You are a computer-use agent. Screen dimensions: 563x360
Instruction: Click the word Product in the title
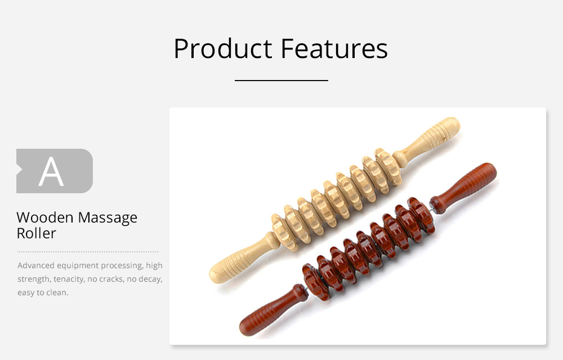point(223,48)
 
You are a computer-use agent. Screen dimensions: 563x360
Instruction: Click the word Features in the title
point(334,48)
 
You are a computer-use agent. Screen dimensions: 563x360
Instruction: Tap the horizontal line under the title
point(281,81)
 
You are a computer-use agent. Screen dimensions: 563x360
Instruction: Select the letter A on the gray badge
point(51,172)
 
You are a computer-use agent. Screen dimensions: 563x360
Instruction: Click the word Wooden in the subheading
point(45,217)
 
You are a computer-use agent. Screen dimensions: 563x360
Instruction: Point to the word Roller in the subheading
point(36,233)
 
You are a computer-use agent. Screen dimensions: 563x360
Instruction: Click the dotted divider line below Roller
point(88,251)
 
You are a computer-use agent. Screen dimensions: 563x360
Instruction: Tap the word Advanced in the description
point(36,265)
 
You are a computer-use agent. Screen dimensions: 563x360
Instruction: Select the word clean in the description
point(57,292)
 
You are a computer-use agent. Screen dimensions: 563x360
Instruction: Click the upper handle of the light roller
point(427,141)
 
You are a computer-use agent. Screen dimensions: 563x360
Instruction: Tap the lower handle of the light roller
point(244,258)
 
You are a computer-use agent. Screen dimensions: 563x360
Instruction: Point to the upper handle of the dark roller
point(464,188)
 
